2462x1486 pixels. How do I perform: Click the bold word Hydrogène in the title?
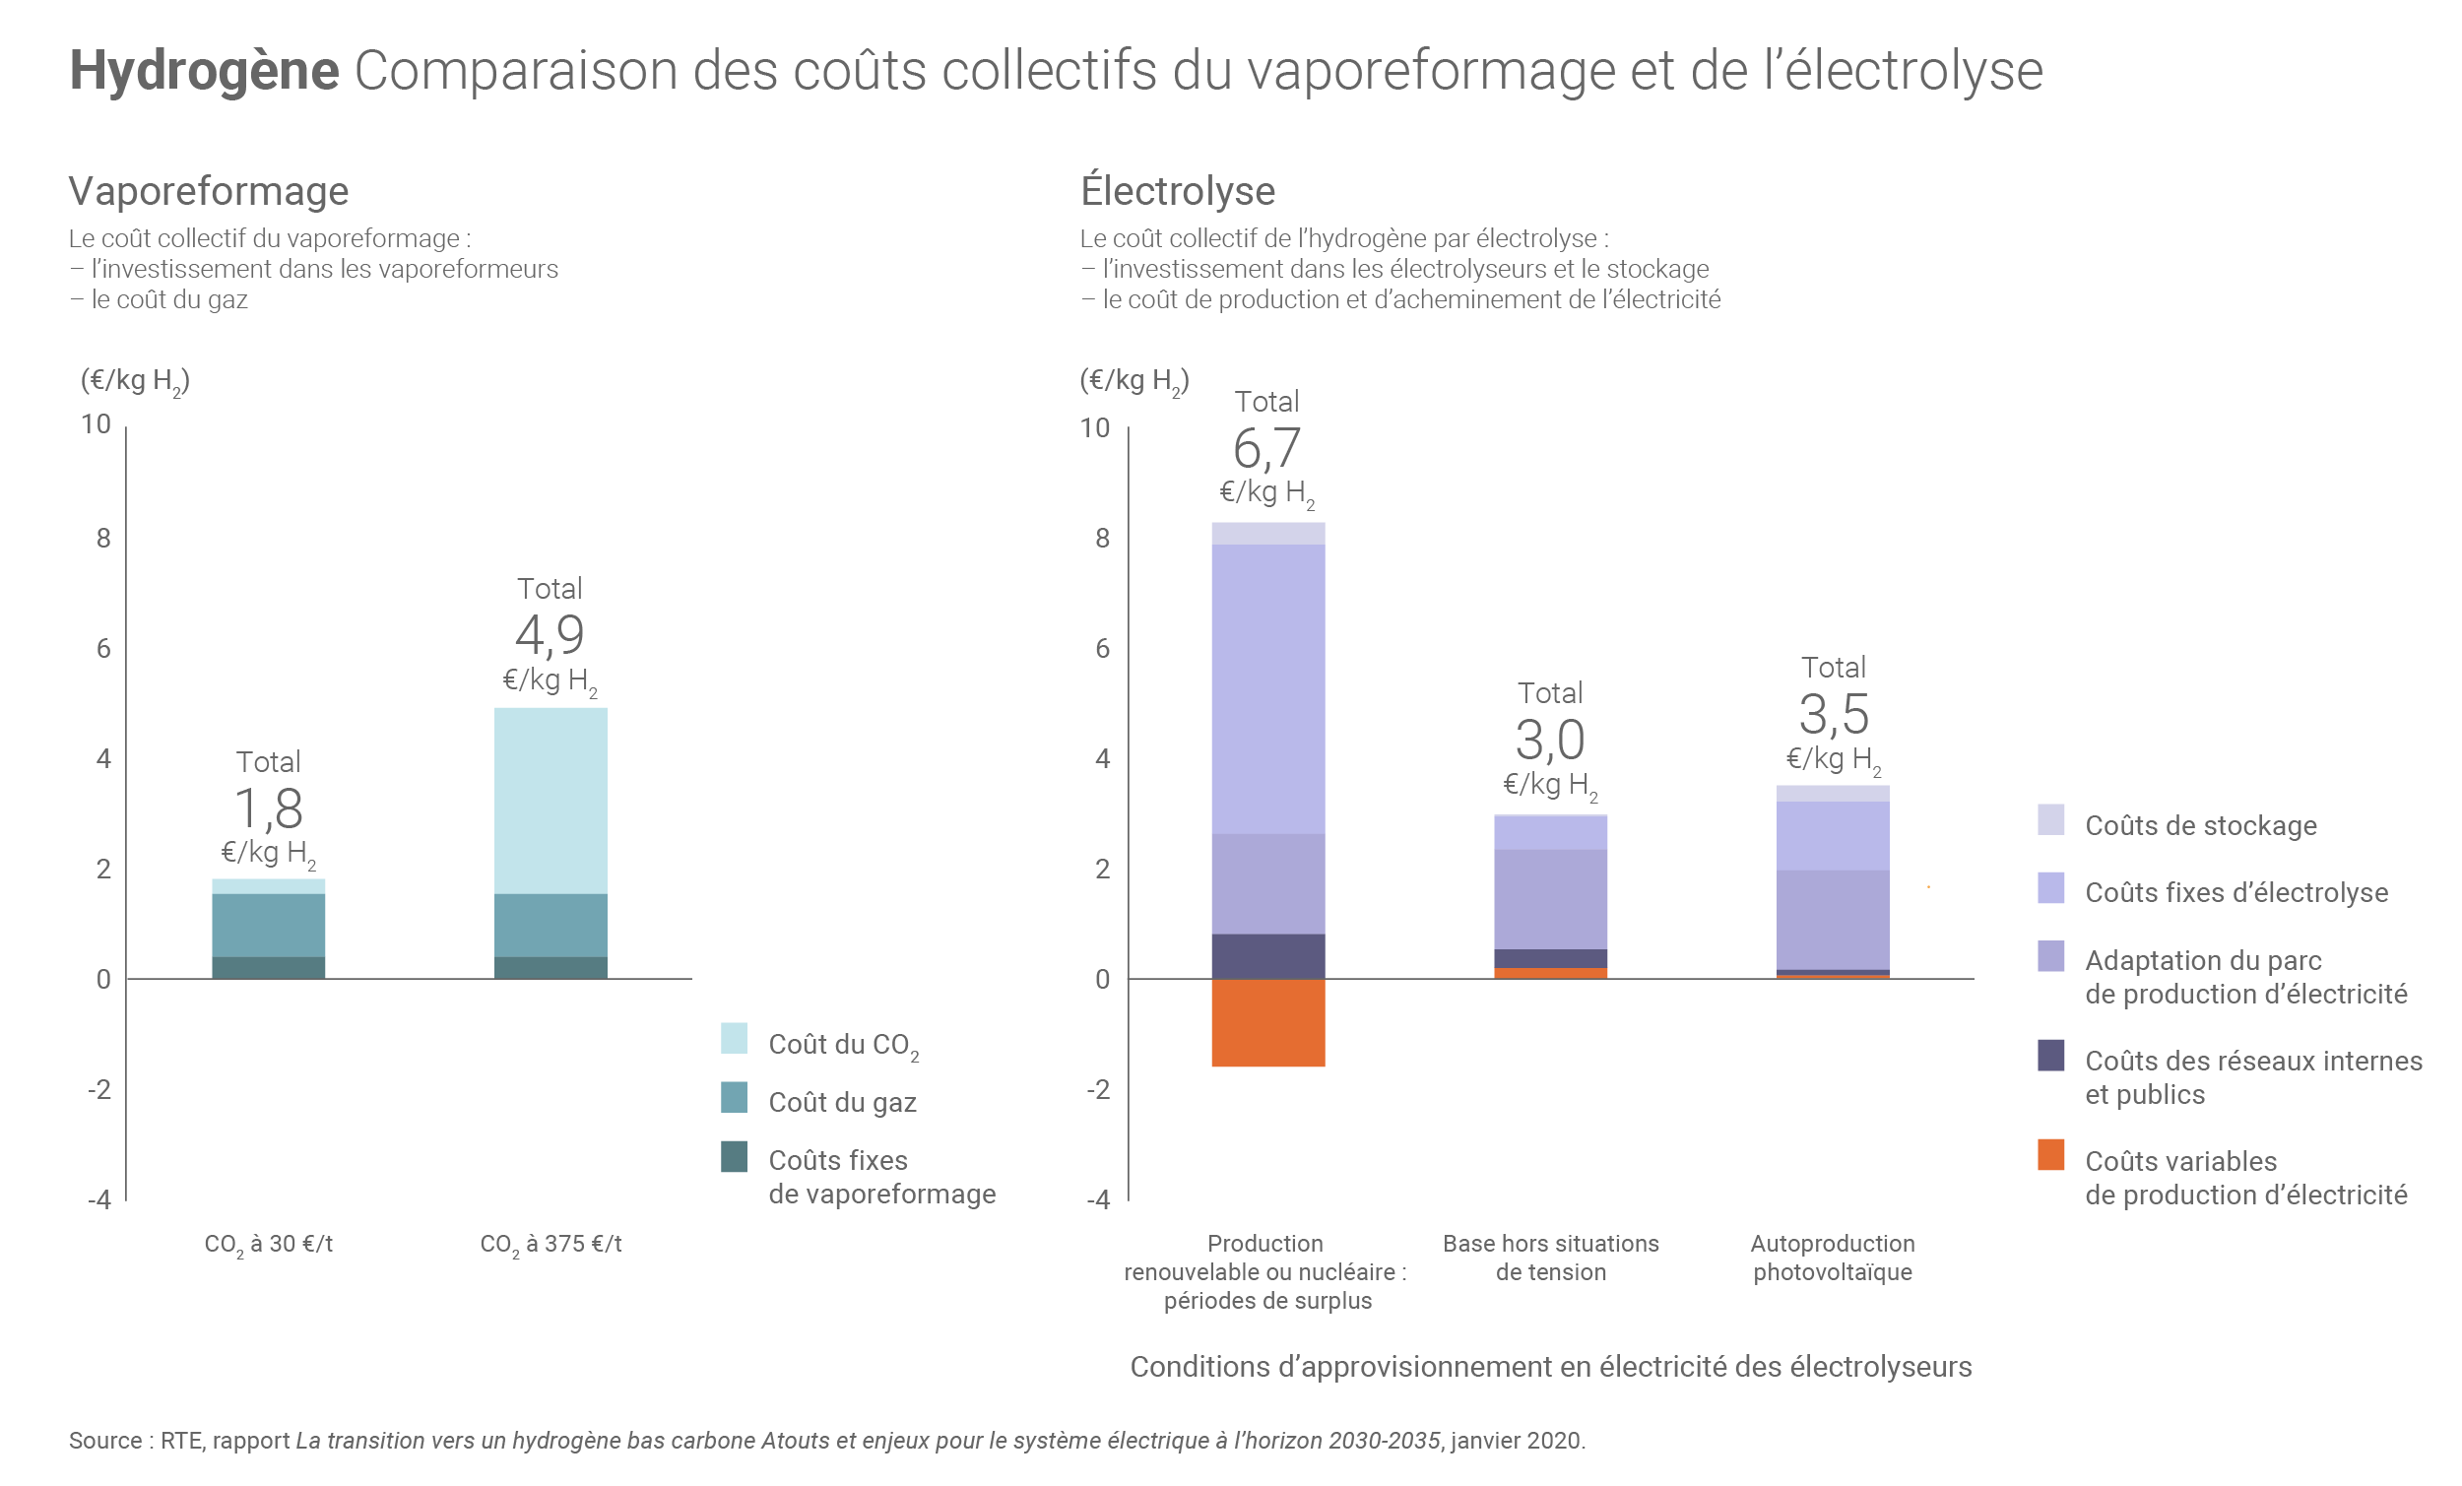pos(204,71)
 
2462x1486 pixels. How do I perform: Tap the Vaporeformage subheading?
pos(209,191)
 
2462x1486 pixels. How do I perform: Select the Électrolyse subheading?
pos(1177,191)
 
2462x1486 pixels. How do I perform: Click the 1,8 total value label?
pos(268,808)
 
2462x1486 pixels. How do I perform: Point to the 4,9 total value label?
pos(550,634)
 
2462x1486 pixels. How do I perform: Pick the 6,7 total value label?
pos(1266,449)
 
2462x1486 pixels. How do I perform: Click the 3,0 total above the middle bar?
pos(1550,741)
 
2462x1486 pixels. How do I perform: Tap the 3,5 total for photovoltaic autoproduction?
pos(1833,715)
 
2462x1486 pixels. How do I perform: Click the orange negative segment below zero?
pos(1268,1022)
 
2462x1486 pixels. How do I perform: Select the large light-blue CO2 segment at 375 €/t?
pos(551,801)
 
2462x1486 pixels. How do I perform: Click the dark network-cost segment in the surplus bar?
pos(1268,956)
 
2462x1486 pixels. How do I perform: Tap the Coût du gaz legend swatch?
pos(734,1097)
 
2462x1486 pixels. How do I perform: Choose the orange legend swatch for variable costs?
pos(2050,1154)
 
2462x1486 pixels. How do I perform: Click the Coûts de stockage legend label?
pos(2200,825)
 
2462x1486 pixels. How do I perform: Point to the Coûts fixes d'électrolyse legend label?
pos(2236,892)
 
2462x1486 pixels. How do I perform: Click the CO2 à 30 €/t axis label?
pos(268,1244)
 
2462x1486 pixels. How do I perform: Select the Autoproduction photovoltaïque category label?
pos(1833,1258)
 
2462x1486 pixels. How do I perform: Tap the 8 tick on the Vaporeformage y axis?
pos(103,539)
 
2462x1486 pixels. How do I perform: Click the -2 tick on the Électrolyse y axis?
pos(1098,1089)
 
